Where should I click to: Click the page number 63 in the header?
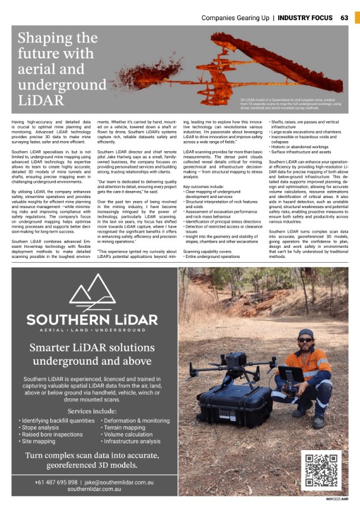[345, 17]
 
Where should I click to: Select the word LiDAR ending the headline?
[41, 99]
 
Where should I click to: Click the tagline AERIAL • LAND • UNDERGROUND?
[92, 330]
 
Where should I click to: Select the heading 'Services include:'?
[92, 411]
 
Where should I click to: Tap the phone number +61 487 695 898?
[56, 482]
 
